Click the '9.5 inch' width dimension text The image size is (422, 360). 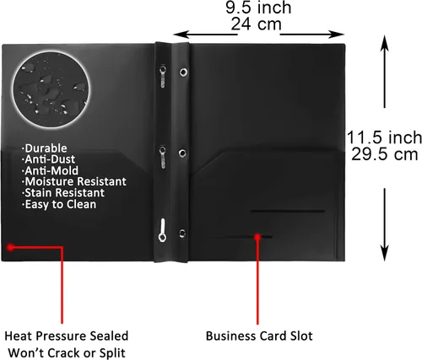tap(258, 8)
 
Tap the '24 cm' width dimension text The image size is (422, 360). tap(256, 24)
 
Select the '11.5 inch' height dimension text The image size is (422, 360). tap(384, 137)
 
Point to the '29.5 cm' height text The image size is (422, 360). tap(384, 154)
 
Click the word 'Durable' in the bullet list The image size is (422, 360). tap(45, 148)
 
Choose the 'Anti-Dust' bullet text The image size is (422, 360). tap(48, 159)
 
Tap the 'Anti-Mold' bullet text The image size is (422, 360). tap(50, 170)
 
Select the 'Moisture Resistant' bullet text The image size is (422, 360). tap(74, 181)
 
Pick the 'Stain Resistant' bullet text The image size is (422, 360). tap(63, 193)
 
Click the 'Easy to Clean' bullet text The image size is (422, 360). tap(59, 204)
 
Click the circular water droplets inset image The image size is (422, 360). tap(51, 89)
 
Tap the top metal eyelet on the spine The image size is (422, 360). tap(183, 73)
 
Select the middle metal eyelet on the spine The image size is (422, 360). tap(182, 153)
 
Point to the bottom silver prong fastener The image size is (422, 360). tap(162, 230)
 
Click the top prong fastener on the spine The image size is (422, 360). tap(163, 76)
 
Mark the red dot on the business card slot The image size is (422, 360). tap(257, 237)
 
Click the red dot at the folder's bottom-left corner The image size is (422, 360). tap(11, 247)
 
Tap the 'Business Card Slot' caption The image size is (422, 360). tap(259, 336)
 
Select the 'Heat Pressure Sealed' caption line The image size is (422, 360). tap(67, 336)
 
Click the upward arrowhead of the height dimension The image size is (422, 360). tap(385, 43)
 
